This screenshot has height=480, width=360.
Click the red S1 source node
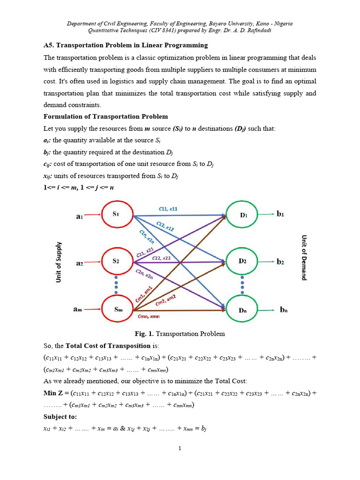(x=116, y=215)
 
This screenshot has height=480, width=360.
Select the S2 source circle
(x=116, y=262)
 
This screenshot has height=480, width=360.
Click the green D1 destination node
(x=242, y=215)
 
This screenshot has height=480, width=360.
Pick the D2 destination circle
(x=242, y=262)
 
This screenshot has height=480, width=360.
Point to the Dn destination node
(x=242, y=310)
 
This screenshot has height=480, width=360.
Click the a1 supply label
(x=79, y=216)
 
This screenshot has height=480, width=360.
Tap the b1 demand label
(x=280, y=214)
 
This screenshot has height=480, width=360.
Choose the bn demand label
(x=284, y=310)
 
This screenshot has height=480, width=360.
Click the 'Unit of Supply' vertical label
(x=59, y=262)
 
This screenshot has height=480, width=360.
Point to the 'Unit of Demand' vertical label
(x=304, y=257)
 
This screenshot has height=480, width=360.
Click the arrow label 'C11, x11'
(x=167, y=209)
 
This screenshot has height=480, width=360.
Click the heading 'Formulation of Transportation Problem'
(x=105, y=116)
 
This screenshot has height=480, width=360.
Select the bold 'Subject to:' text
(x=60, y=417)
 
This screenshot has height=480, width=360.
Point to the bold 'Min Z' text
(x=54, y=393)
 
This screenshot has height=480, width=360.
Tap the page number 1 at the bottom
(x=180, y=449)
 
